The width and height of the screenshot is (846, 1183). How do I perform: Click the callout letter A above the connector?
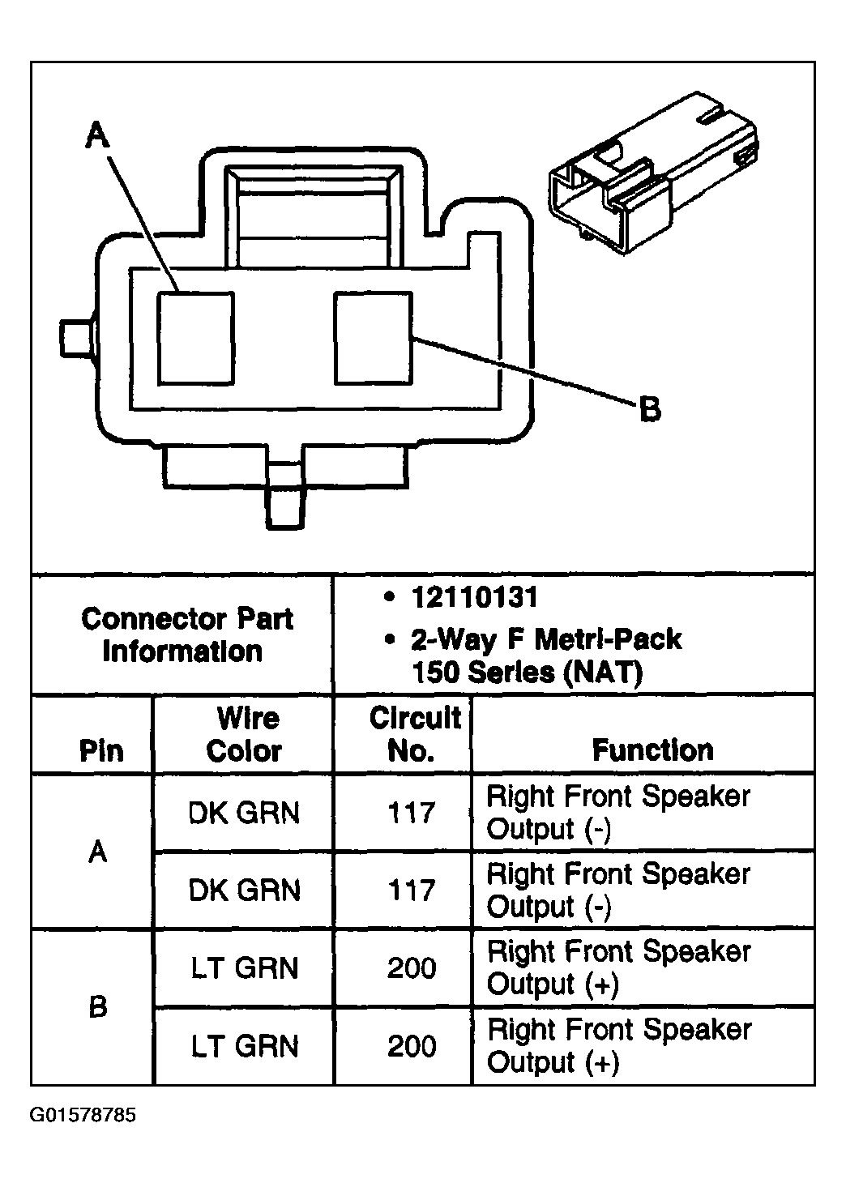[x=97, y=135]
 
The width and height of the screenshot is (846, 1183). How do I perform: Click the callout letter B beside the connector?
[x=649, y=409]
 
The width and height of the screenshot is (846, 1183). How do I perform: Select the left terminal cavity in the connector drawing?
[x=195, y=337]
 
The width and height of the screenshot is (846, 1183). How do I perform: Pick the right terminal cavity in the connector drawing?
[x=373, y=337]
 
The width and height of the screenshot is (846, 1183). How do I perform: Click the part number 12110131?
[x=474, y=598]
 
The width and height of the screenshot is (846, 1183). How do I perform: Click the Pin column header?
[x=101, y=750]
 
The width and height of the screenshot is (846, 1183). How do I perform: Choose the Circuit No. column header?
[x=413, y=734]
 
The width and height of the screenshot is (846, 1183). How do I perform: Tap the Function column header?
[x=652, y=750]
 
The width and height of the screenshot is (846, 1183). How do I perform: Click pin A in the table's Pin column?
[x=98, y=852]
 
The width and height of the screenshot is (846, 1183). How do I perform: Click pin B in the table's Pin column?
[x=98, y=1007]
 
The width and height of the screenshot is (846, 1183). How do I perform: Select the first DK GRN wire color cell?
[x=244, y=813]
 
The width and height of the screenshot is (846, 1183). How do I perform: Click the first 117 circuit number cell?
[x=412, y=813]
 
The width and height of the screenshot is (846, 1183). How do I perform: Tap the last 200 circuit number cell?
[x=412, y=1046]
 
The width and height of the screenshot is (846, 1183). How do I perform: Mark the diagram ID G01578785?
[x=83, y=1116]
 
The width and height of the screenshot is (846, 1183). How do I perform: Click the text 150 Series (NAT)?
[x=527, y=673]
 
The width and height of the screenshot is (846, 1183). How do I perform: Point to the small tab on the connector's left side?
[x=75, y=337]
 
